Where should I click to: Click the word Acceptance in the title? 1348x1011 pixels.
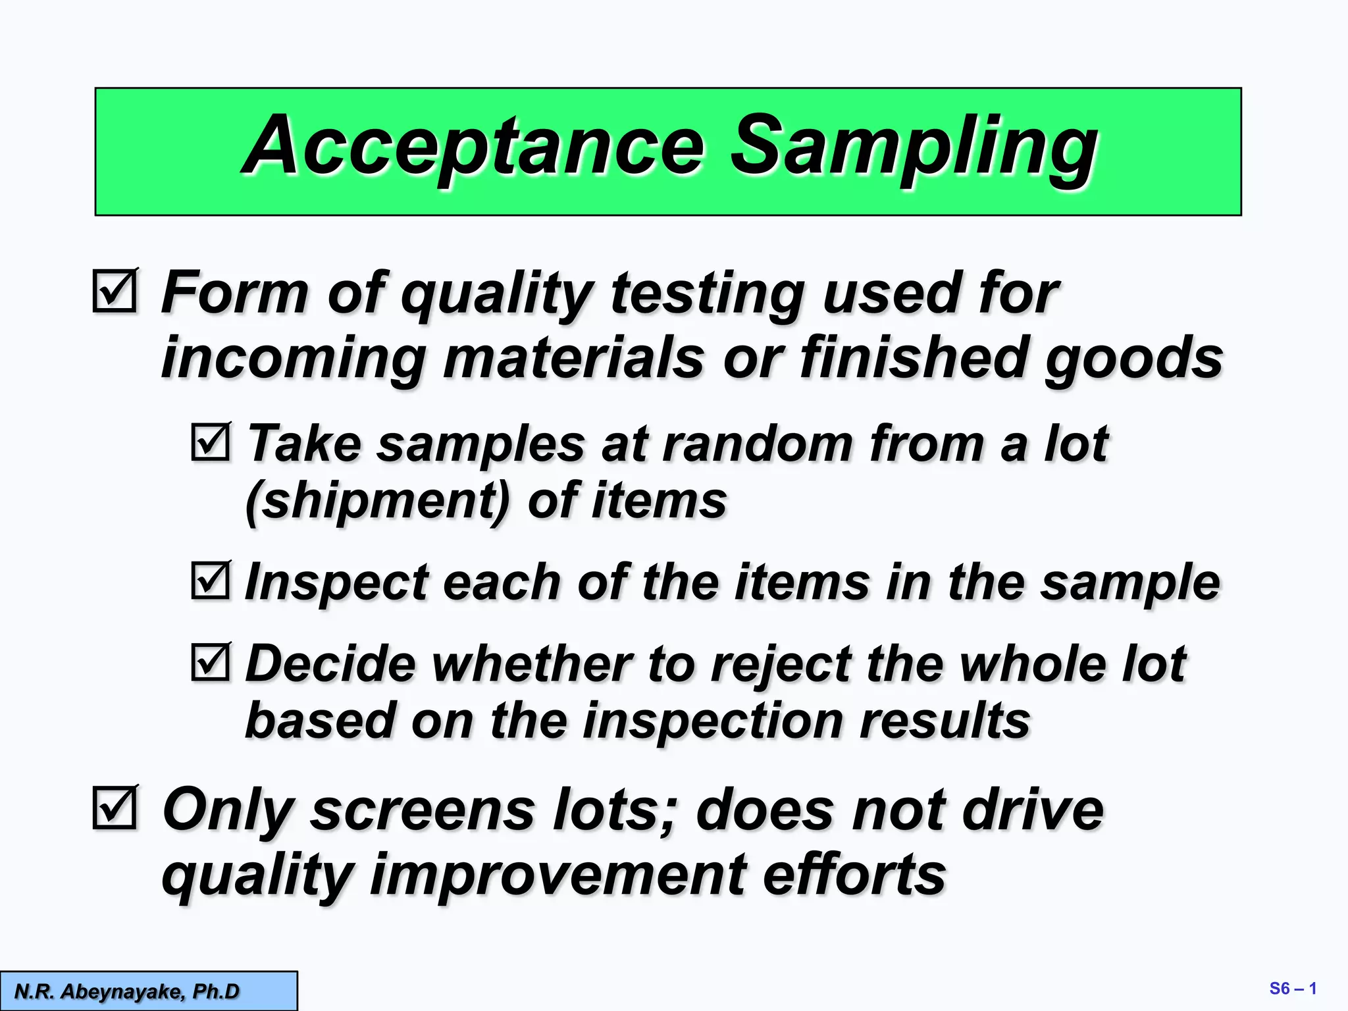[474, 146]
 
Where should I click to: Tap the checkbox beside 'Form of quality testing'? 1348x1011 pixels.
[115, 290]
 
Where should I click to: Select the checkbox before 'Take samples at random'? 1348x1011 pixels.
[211, 442]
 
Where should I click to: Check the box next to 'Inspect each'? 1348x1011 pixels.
[211, 581]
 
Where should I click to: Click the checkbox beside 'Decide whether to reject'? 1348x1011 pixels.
[211, 661]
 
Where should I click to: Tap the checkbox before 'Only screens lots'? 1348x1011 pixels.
[115, 807]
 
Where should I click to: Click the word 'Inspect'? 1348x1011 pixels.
[336, 583]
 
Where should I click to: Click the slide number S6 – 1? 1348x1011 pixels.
[1292, 989]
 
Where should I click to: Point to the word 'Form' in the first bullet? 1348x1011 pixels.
[234, 293]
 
